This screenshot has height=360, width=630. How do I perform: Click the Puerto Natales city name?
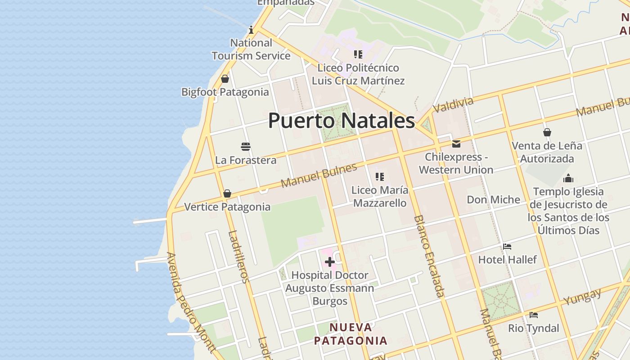(x=342, y=121)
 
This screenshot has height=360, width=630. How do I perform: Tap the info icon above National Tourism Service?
(x=251, y=30)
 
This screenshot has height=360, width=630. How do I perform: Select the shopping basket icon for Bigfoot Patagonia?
(x=225, y=79)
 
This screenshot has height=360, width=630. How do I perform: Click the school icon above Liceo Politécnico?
(x=358, y=55)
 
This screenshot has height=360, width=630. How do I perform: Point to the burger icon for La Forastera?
(x=246, y=147)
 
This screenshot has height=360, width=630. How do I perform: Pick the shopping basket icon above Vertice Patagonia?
(x=227, y=194)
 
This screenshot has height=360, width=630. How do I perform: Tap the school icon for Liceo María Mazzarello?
(x=380, y=177)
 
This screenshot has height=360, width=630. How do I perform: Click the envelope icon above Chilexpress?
(x=456, y=144)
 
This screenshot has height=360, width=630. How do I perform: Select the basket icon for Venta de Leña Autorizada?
(x=547, y=132)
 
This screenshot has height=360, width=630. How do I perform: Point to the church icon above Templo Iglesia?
(x=568, y=178)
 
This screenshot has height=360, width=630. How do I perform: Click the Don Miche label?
(x=493, y=199)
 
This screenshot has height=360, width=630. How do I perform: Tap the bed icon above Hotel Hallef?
(x=507, y=247)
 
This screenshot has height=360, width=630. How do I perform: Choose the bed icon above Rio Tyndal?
(x=534, y=315)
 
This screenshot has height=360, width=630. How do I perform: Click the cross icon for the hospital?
(x=330, y=262)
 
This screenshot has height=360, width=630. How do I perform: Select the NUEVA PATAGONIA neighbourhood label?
(x=351, y=334)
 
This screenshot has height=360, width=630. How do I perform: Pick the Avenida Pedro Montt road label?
(x=191, y=302)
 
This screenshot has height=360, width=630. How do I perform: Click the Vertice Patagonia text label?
(x=227, y=207)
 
